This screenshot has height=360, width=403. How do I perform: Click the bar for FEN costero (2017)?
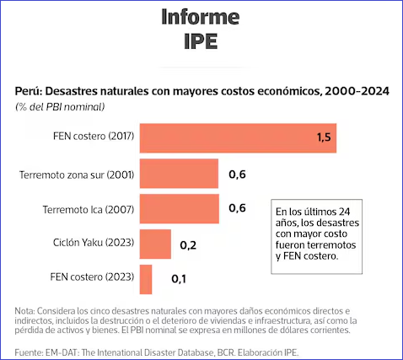click(238, 138)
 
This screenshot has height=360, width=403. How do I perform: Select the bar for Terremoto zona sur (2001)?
click(179, 174)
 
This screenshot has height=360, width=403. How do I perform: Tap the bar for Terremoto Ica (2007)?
click(180, 209)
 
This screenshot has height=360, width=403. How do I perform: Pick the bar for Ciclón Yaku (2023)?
click(155, 244)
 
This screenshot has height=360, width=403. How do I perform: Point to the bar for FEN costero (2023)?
click(146, 279)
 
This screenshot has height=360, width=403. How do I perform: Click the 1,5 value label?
click(324, 137)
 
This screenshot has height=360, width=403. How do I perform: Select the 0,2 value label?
click(188, 245)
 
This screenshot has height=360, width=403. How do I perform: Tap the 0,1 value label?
click(179, 279)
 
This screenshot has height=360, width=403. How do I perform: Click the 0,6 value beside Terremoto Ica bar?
click(237, 208)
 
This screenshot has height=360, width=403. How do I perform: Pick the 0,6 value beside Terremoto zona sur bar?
click(237, 175)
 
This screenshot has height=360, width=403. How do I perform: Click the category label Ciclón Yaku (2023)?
click(94, 242)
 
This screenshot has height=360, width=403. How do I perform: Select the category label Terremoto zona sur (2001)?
click(77, 175)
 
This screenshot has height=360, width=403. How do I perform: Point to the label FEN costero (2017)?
click(94, 136)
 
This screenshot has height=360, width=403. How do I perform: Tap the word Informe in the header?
click(201, 17)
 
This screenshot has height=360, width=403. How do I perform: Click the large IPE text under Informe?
click(201, 41)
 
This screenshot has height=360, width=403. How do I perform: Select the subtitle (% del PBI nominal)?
click(60, 107)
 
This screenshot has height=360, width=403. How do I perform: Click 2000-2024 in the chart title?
click(357, 91)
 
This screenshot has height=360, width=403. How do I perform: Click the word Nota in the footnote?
click(24, 311)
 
